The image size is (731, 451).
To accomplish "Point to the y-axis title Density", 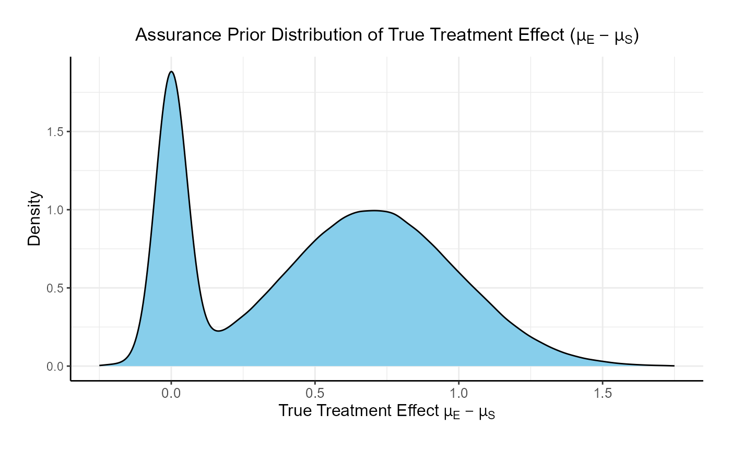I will tap(34, 218).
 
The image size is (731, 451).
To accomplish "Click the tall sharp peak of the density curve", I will tap(171, 72).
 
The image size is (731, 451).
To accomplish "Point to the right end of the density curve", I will tap(674, 365).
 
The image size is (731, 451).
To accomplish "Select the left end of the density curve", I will tap(100, 365).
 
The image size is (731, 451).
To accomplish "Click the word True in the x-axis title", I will tap(295, 411).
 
